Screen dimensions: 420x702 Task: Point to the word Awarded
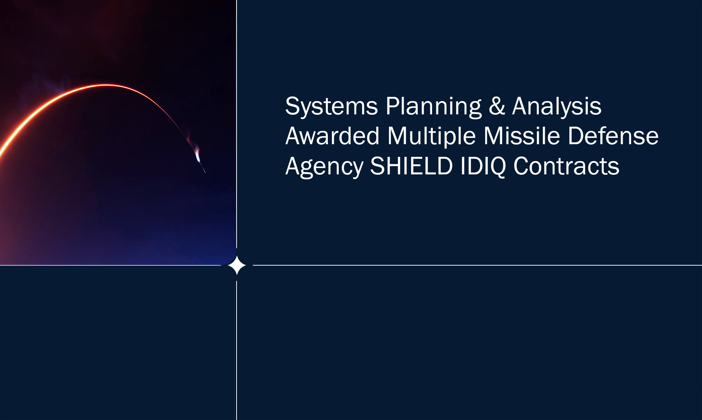332,136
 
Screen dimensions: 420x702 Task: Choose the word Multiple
431,136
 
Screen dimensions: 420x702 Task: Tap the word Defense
613,136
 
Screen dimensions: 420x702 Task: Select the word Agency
324,166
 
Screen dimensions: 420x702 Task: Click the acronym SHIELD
411,166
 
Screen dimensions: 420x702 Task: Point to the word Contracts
566,166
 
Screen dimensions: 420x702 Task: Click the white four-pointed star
237,265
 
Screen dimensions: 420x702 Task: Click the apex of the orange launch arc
105,85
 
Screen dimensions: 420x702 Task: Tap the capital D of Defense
576,136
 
